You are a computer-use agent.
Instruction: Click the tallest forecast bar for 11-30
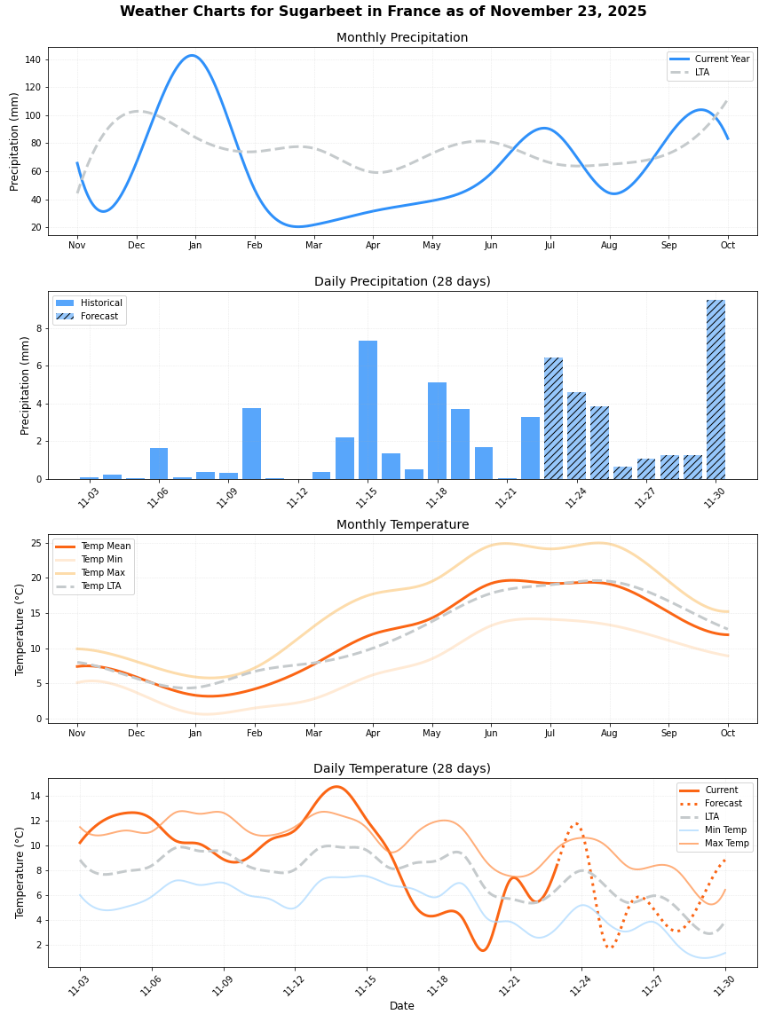pyautogui.click(x=716, y=389)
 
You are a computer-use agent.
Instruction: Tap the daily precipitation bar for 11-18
pyautogui.click(x=437, y=430)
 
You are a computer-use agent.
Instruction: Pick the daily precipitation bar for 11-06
pyautogui.click(x=159, y=463)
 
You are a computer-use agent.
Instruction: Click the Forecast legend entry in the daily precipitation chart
pyautogui.click(x=99, y=316)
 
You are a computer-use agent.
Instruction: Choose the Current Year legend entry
pyautogui.click(x=722, y=59)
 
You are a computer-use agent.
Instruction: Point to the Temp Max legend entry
pyautogui.click(x=102, y=573)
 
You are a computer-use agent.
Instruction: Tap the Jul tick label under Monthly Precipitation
pyautogui.click(x=550, y=245)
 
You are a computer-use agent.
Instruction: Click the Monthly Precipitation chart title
pyautogui.click(x=402, y=37)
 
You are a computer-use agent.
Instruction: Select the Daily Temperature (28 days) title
pyautogui.click(x=402, y=768)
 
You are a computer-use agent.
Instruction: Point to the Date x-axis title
pyautogui.click(x=402, y=1006)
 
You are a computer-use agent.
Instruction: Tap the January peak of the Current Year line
pyautogui.click(x=192, y=56)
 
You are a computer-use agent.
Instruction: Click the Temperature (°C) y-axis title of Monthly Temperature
pyautogui.click(x=20, y=629)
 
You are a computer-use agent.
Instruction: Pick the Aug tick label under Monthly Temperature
pyautogui.click(x=609, y=734)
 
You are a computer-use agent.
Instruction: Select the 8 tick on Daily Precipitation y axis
pyautogui.click(x=40, y=328)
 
